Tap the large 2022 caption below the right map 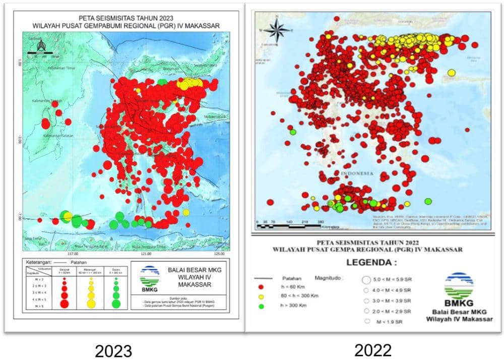tap(372, 349)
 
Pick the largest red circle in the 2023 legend tap(65, 303)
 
